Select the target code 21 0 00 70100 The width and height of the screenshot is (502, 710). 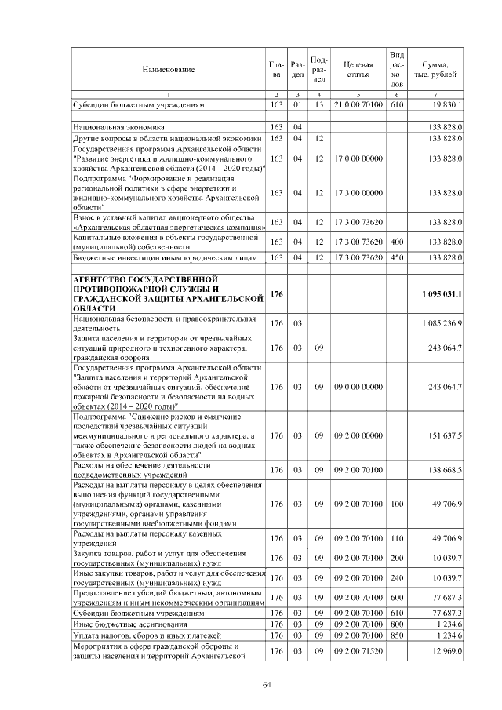pyautogui.click(x=357, y=104)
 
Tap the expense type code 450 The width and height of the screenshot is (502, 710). pyautogui.click(x=396, y=257)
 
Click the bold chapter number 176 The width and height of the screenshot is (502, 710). pyautogui.click(x=276, y=293)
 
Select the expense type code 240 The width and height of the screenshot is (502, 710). pyautogui.click(x=396, y=578)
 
